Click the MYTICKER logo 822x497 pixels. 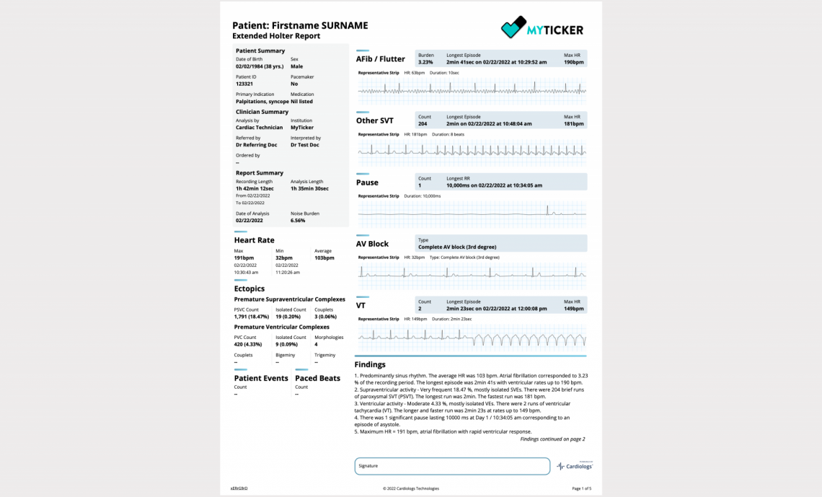click(x=542, y=29)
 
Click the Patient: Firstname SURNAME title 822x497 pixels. click(x=300, y=25)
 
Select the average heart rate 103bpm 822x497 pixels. click(x=324, y=258)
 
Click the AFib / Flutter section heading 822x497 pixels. click(x=381, y=59)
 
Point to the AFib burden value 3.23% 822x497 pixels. click(x=426, y=62)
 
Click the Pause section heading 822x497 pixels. click(x=367, y=182)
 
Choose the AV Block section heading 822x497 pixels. click(x=372, y=244)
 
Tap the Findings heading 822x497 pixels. click(x=370, y=365)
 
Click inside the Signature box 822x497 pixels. click(x=452, y=466)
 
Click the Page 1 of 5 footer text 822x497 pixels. click(x=581, y=488)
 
